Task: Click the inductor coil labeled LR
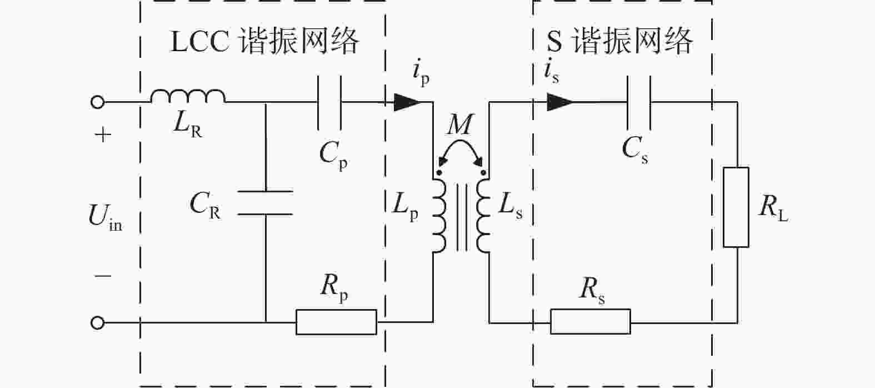[x=188, y=96]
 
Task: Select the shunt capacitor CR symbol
[x=265, y=203]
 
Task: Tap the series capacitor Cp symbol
[x=329, y=102]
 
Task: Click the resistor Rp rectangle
[x=336, y=322]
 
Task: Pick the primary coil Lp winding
[x=440, y=216]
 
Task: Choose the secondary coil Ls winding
[x=483, y=216]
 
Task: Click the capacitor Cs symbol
[x=639, y=102]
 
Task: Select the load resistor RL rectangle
[x=736, y=207]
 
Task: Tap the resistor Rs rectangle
[x=590, y=322]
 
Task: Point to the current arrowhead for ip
[x=407, y=102]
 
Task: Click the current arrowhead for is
[x=560, y=102]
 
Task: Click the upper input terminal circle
[x=97, y=102]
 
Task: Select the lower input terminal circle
[x=97, y=323]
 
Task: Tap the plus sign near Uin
[x=103, y=135]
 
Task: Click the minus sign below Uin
[x=103, y=276]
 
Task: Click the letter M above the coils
[x=461, y=125]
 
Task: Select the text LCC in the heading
[x=199, y=41]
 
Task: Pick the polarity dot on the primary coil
[x=439, y=172]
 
